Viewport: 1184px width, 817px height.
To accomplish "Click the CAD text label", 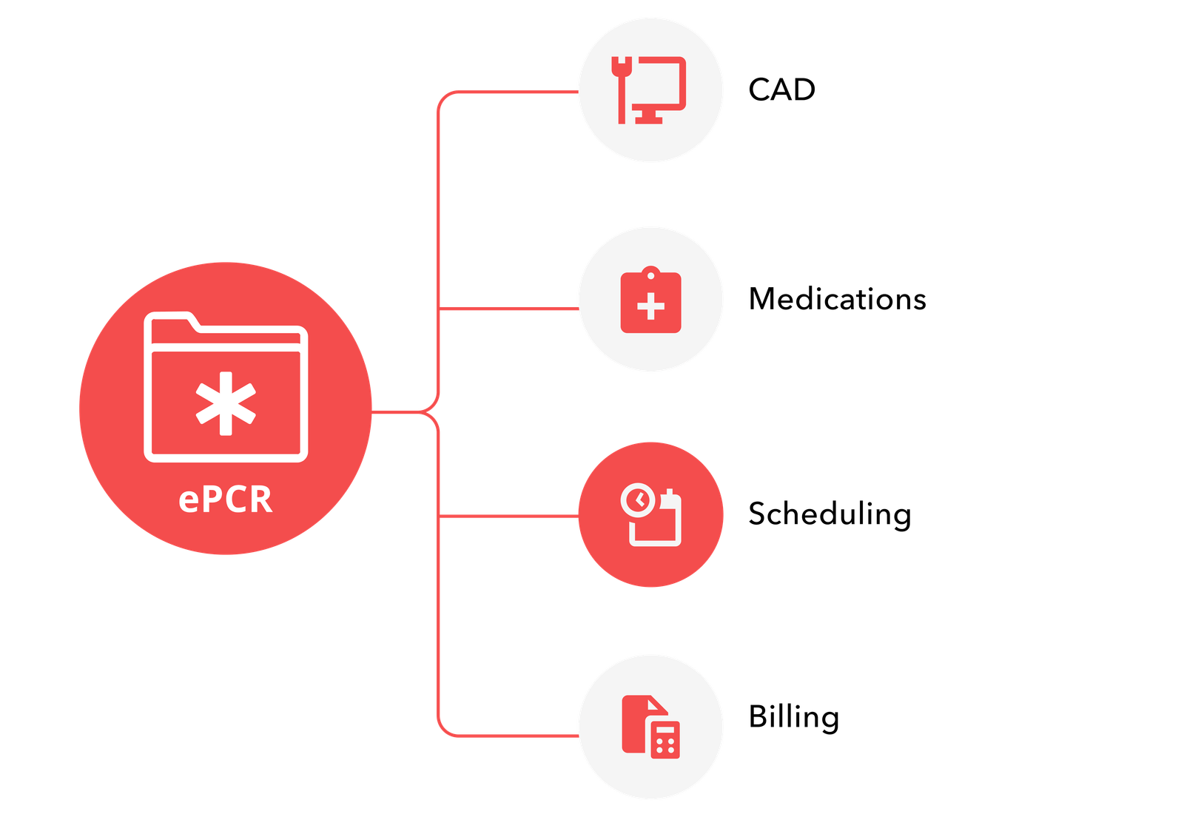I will [x=781, y=90].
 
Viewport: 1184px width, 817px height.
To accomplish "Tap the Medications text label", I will [x=837, y=299].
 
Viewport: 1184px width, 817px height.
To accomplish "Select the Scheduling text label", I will [x=829, y=514].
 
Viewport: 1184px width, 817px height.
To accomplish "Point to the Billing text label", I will [x=793, y=717].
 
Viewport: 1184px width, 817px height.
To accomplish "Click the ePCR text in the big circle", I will [x=226, y=500].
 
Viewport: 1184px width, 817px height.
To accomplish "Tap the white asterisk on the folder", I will [x=226, y=403].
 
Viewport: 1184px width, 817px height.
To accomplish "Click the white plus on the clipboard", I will [x=650, y=306].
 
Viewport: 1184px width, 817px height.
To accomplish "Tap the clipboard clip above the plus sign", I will [x=650, y=275].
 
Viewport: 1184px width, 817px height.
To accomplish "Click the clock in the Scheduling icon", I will [x=637, y=500].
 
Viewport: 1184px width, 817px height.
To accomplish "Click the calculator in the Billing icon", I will [x=665, y=739].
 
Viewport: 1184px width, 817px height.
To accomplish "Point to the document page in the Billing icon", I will [x=635, y=722].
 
